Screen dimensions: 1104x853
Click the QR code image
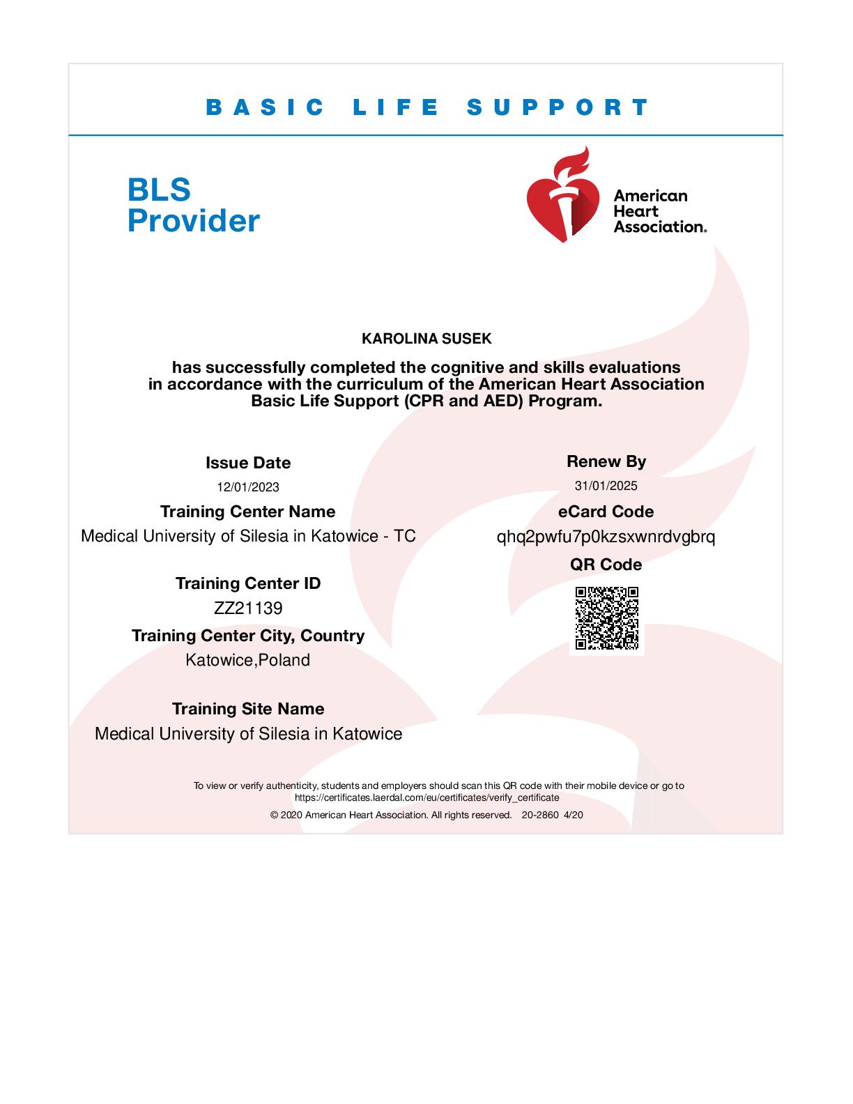click(x=606, y=618)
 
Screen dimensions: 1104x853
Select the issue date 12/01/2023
click(x=248, y=487)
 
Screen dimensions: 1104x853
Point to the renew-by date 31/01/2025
click(x=606, y=486)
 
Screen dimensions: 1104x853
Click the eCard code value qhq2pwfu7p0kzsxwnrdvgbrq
click(x=606, y=537)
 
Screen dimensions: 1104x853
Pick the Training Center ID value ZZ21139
click(x=248, y=608)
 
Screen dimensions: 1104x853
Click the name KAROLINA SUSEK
click(x=426, y=339)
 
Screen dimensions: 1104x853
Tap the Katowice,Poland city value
click(x=248, y=660)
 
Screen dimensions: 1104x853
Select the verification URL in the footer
click(x=426, y=797)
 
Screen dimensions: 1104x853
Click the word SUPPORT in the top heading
click(x=558, y=107)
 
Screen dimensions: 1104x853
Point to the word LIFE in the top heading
click(x=396, y=107)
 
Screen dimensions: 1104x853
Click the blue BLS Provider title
click(x=193, y=205)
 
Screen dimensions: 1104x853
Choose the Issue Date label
click(x=248, y=463)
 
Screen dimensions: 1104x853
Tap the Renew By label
click(x=606, y=461)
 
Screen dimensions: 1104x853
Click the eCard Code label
click(x=606, y=512)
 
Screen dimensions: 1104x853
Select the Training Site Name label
click(x=248, y=709)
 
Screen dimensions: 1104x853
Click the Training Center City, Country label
click(x=248, y=636)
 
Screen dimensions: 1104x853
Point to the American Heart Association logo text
click(x=659, y=210)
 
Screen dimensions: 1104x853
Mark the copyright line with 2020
click(x=426, y=815)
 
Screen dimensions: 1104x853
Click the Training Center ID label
click(x=248, y=583)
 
